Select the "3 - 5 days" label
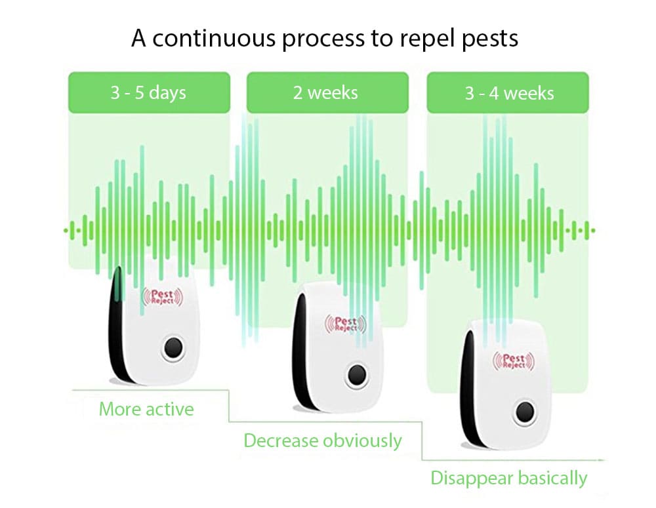pos(148,92)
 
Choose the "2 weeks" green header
pos(325,92)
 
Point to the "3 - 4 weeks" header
pos(509,93)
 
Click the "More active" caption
pos(146,410)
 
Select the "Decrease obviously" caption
pos(322,440)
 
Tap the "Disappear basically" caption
pos(508,478)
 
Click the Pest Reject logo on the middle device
pos(345,324)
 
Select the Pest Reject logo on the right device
pos(513,361)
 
